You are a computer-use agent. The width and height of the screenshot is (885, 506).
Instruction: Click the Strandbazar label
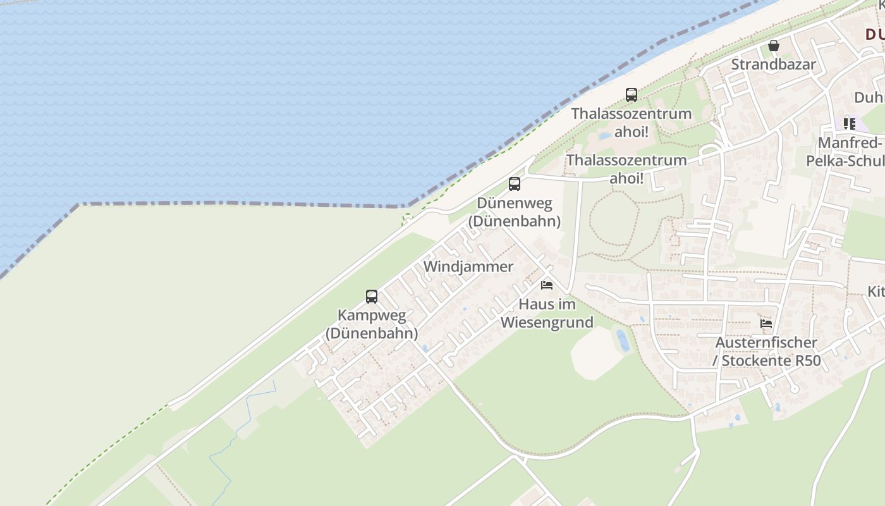(x=773, y=65)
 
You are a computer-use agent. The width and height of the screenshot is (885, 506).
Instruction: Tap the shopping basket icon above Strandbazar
(x=773, y=46)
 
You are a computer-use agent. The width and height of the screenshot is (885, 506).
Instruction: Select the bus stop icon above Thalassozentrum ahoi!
(x=631, y=95)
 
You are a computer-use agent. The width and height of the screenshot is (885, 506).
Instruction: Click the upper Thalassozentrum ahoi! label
(x=631, y=123)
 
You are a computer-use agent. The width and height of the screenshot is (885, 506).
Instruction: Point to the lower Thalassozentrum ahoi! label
(x=626, y=169)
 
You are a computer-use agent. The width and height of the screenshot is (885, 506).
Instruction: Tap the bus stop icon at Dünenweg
(x=515, y=184)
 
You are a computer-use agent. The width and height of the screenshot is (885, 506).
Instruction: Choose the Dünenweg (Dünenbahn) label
(x=515, y=212)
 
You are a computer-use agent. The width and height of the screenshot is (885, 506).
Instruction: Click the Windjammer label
(x=468, y=266)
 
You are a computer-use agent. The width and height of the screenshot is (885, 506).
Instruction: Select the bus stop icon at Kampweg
(x=372, y=296)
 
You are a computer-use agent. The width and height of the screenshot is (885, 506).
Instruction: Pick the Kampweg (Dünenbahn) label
(x=372, y=324)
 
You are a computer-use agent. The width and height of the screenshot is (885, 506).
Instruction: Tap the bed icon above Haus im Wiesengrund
(x=547, y=285)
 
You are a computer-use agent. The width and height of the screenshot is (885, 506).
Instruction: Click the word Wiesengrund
(x=547, y=323)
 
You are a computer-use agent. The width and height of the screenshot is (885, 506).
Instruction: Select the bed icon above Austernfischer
(x=766, y=324)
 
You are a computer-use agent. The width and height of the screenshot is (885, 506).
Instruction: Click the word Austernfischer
(x=766, y=343)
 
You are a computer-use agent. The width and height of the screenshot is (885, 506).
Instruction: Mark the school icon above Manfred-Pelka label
(x=849, y=124)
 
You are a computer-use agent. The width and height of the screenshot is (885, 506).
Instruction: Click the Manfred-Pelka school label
(x=847, y=152)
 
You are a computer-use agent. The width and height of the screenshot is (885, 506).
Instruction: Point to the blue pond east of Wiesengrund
(x=623, y=340)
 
